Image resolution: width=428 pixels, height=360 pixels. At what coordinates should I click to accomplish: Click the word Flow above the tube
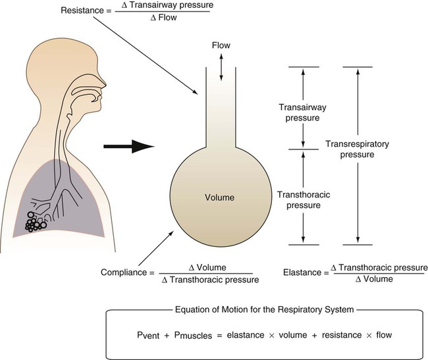221,45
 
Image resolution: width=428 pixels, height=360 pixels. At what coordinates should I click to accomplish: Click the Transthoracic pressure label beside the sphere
300,199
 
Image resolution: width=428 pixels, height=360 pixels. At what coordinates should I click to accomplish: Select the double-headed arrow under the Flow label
221,67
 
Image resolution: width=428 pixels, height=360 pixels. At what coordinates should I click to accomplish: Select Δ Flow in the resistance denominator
168,18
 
